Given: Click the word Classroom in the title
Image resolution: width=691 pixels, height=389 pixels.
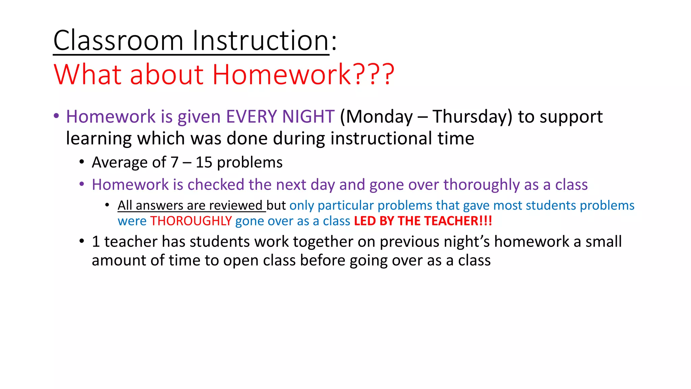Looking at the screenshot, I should pyautogui.click(x=118, y=41).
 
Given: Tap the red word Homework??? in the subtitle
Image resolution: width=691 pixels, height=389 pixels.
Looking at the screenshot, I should pyautogui.click(x=303, y=74).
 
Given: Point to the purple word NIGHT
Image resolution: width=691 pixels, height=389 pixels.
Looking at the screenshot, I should pyautogui.click(x=308, y=116).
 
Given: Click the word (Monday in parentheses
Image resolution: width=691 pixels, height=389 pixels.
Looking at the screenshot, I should pyautogui.click(x=376, y=116).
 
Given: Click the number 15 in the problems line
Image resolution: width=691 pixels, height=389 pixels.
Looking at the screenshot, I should pyautogui.click(x=204, y=162).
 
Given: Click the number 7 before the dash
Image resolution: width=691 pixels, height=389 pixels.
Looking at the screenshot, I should pyautogui.click(x=174, y=162).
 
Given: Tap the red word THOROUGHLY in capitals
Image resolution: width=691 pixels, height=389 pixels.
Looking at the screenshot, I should pyautogui.click(x=191, y=221).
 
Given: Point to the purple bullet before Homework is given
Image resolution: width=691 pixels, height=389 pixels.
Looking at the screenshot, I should pyautogui.click(x=56, y=116).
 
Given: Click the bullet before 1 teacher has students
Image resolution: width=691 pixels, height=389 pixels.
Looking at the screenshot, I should pyautogui.click(x=82, y=241).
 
